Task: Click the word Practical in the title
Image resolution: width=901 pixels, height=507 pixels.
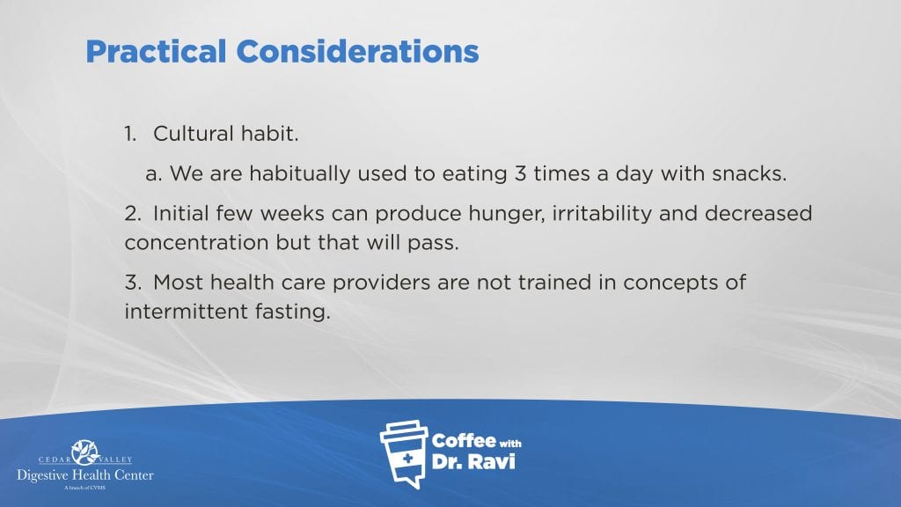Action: tap(156, 51)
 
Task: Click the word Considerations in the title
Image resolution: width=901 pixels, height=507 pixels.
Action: tap(357, 51)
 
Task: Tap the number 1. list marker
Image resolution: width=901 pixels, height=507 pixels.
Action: tap(130, 134)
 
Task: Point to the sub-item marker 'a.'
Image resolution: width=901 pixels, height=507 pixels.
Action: tap(153, 174)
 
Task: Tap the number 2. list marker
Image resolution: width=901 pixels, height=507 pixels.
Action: tap(133, 213)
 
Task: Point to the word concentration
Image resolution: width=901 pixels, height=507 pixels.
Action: tap(196, 243)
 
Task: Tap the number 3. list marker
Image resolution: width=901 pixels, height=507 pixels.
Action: tap(133, 283)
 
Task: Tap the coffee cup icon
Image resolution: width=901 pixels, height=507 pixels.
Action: tap(404, 454)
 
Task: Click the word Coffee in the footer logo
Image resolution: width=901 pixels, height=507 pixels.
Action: tap(464, 441)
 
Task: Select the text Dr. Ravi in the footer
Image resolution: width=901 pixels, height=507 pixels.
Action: tap(472, 461)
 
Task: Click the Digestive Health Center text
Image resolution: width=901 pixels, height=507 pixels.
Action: tap(85, 475)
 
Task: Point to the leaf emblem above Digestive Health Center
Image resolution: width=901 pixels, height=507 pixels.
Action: tap(85, 452)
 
